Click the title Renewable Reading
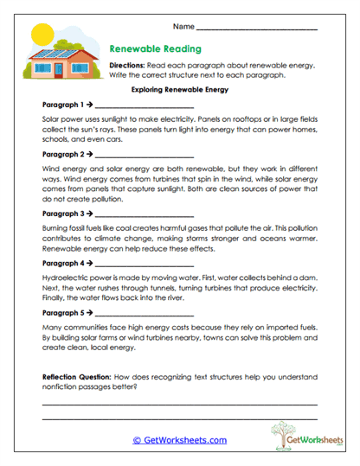(x=155, y=50)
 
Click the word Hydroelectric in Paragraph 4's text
(x=63, y=278)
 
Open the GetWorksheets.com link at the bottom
(x=180, y=440)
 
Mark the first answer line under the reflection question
(x=179, y=404)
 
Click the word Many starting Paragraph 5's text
(x=52, y=329)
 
